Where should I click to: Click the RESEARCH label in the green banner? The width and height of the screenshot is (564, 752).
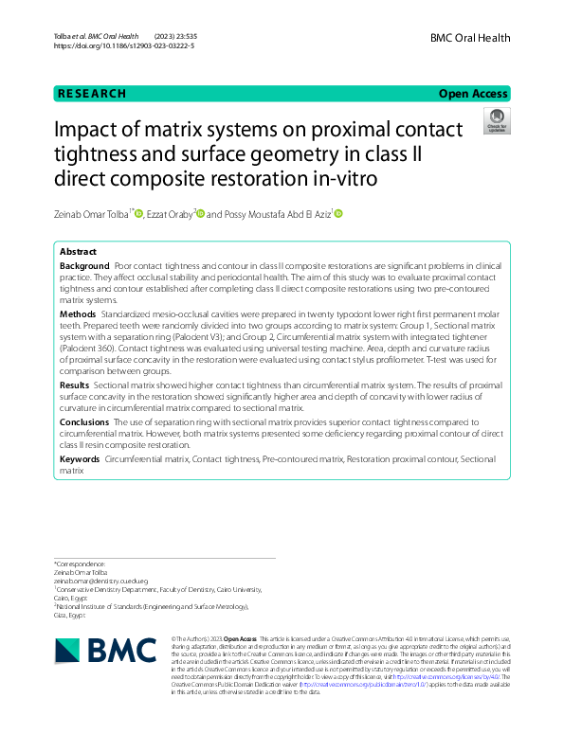91,94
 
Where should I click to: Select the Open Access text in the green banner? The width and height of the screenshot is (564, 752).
473,94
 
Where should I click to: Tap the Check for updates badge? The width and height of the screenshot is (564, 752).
496,120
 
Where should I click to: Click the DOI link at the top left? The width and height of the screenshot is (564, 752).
125,45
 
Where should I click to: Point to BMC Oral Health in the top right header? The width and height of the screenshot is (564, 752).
470,38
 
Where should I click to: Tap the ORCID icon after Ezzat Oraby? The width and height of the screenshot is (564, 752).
197,214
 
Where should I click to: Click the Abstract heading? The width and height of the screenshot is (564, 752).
78,252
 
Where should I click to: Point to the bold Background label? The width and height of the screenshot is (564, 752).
84,268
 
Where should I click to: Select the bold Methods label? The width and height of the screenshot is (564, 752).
78,313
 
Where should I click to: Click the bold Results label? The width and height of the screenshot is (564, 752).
75,386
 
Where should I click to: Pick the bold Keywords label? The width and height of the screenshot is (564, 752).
81,457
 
